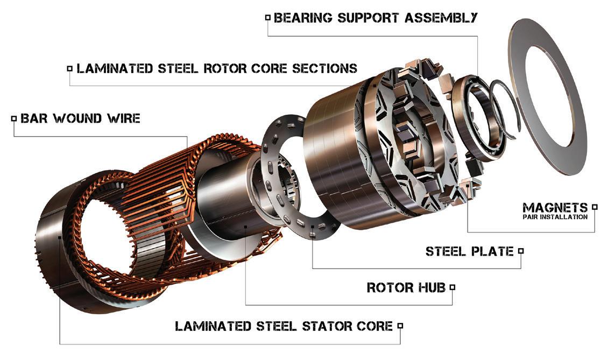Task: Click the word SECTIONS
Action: tap(325, 68)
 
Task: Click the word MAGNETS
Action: tap(555, 208)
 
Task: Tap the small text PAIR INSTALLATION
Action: tap(555, 217)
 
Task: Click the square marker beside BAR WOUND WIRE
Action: tap(14, 118)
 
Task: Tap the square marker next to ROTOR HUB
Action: tap(452, 287)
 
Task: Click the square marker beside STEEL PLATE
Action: tap(521, 251)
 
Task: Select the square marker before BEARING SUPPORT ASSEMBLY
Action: tap(268, 18)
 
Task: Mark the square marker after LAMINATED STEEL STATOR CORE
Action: tap(400, 326)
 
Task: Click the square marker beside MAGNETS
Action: tap(595, 207)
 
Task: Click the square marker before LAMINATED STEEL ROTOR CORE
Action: tap(70, 69)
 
